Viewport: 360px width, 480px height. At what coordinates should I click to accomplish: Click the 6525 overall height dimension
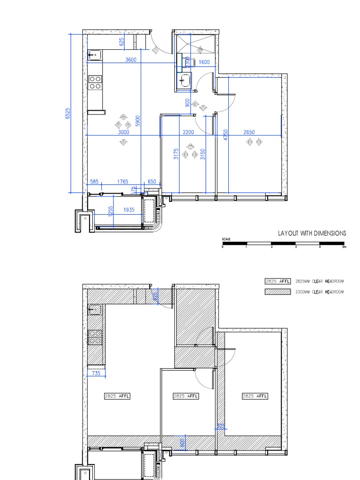(x=67, y=113)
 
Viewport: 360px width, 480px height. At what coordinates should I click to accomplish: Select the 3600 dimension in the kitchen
(x=131, y=60)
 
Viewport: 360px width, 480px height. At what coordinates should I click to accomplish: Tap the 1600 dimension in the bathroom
(x=204, y=62)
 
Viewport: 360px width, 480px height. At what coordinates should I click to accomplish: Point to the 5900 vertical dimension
(x=138, y=120)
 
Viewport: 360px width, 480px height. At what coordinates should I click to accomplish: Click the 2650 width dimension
(x=249, y=132)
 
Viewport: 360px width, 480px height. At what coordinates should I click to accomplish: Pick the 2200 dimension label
(x=188, y=132)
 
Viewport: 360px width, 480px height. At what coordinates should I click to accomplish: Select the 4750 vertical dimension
(x=225, y=135)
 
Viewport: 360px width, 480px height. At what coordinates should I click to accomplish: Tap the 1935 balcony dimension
(x=129, y=210)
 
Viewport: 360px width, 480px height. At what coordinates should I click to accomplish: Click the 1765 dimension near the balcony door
(x=122, y=181)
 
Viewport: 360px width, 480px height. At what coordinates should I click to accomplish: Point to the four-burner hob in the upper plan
(x=95, y=82)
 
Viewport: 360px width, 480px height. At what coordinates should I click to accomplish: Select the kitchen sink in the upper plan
(x=94, y=56)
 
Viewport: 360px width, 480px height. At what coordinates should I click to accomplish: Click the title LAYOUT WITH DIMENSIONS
(x=312, y=233)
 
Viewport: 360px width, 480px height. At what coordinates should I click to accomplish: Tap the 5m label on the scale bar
(x=344, y=247)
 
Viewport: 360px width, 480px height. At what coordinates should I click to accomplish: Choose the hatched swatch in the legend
(x=277, y=292)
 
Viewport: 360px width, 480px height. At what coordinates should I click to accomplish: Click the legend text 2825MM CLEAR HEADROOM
(x=320, y=281)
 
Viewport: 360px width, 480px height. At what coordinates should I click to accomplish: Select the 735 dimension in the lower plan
(x=96, y=373)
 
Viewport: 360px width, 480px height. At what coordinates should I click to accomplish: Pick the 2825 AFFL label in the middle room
(x=186, y=396)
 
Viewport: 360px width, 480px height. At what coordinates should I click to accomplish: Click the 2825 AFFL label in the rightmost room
(x=255, y=396)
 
